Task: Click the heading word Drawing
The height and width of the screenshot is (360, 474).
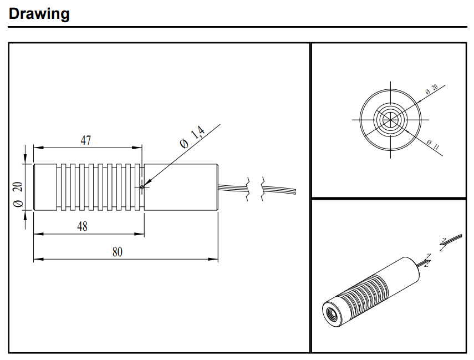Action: point(39,14)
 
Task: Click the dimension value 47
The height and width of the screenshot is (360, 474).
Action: point(85,140)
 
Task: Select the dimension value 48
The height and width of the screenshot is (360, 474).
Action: point(82,226)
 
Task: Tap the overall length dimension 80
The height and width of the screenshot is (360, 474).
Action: point(118,252)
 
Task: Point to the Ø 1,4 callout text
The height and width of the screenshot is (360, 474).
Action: point(192,137)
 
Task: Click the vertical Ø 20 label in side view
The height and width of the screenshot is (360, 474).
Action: point(18,195)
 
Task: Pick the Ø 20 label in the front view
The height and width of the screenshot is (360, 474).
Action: point(432,90)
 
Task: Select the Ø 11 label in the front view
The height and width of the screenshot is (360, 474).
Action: point(433,145)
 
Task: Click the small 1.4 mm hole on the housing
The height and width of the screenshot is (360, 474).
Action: point(142,187)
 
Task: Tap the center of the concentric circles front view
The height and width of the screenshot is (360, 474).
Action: point(391,120)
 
